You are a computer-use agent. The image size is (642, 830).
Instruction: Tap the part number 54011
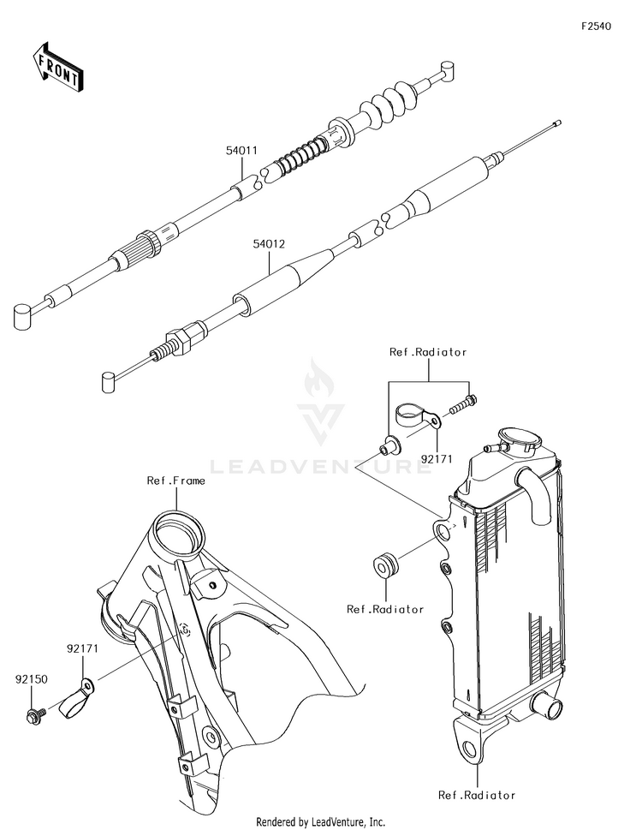pos(241,151)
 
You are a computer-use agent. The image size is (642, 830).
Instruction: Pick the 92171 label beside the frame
pos(84,648)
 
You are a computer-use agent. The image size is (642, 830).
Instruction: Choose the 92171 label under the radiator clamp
pos(436,458)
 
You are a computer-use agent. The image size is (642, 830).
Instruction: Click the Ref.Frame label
pos(175,481)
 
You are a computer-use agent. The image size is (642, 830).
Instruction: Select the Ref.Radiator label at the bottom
pos(477,795)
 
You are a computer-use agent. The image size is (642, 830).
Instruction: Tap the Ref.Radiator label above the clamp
pos(428,352)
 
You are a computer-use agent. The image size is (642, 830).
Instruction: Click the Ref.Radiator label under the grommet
pos(385,609)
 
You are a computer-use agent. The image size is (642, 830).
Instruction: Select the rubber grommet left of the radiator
pos(386,566)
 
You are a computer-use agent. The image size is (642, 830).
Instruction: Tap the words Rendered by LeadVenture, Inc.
pos(320,821)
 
